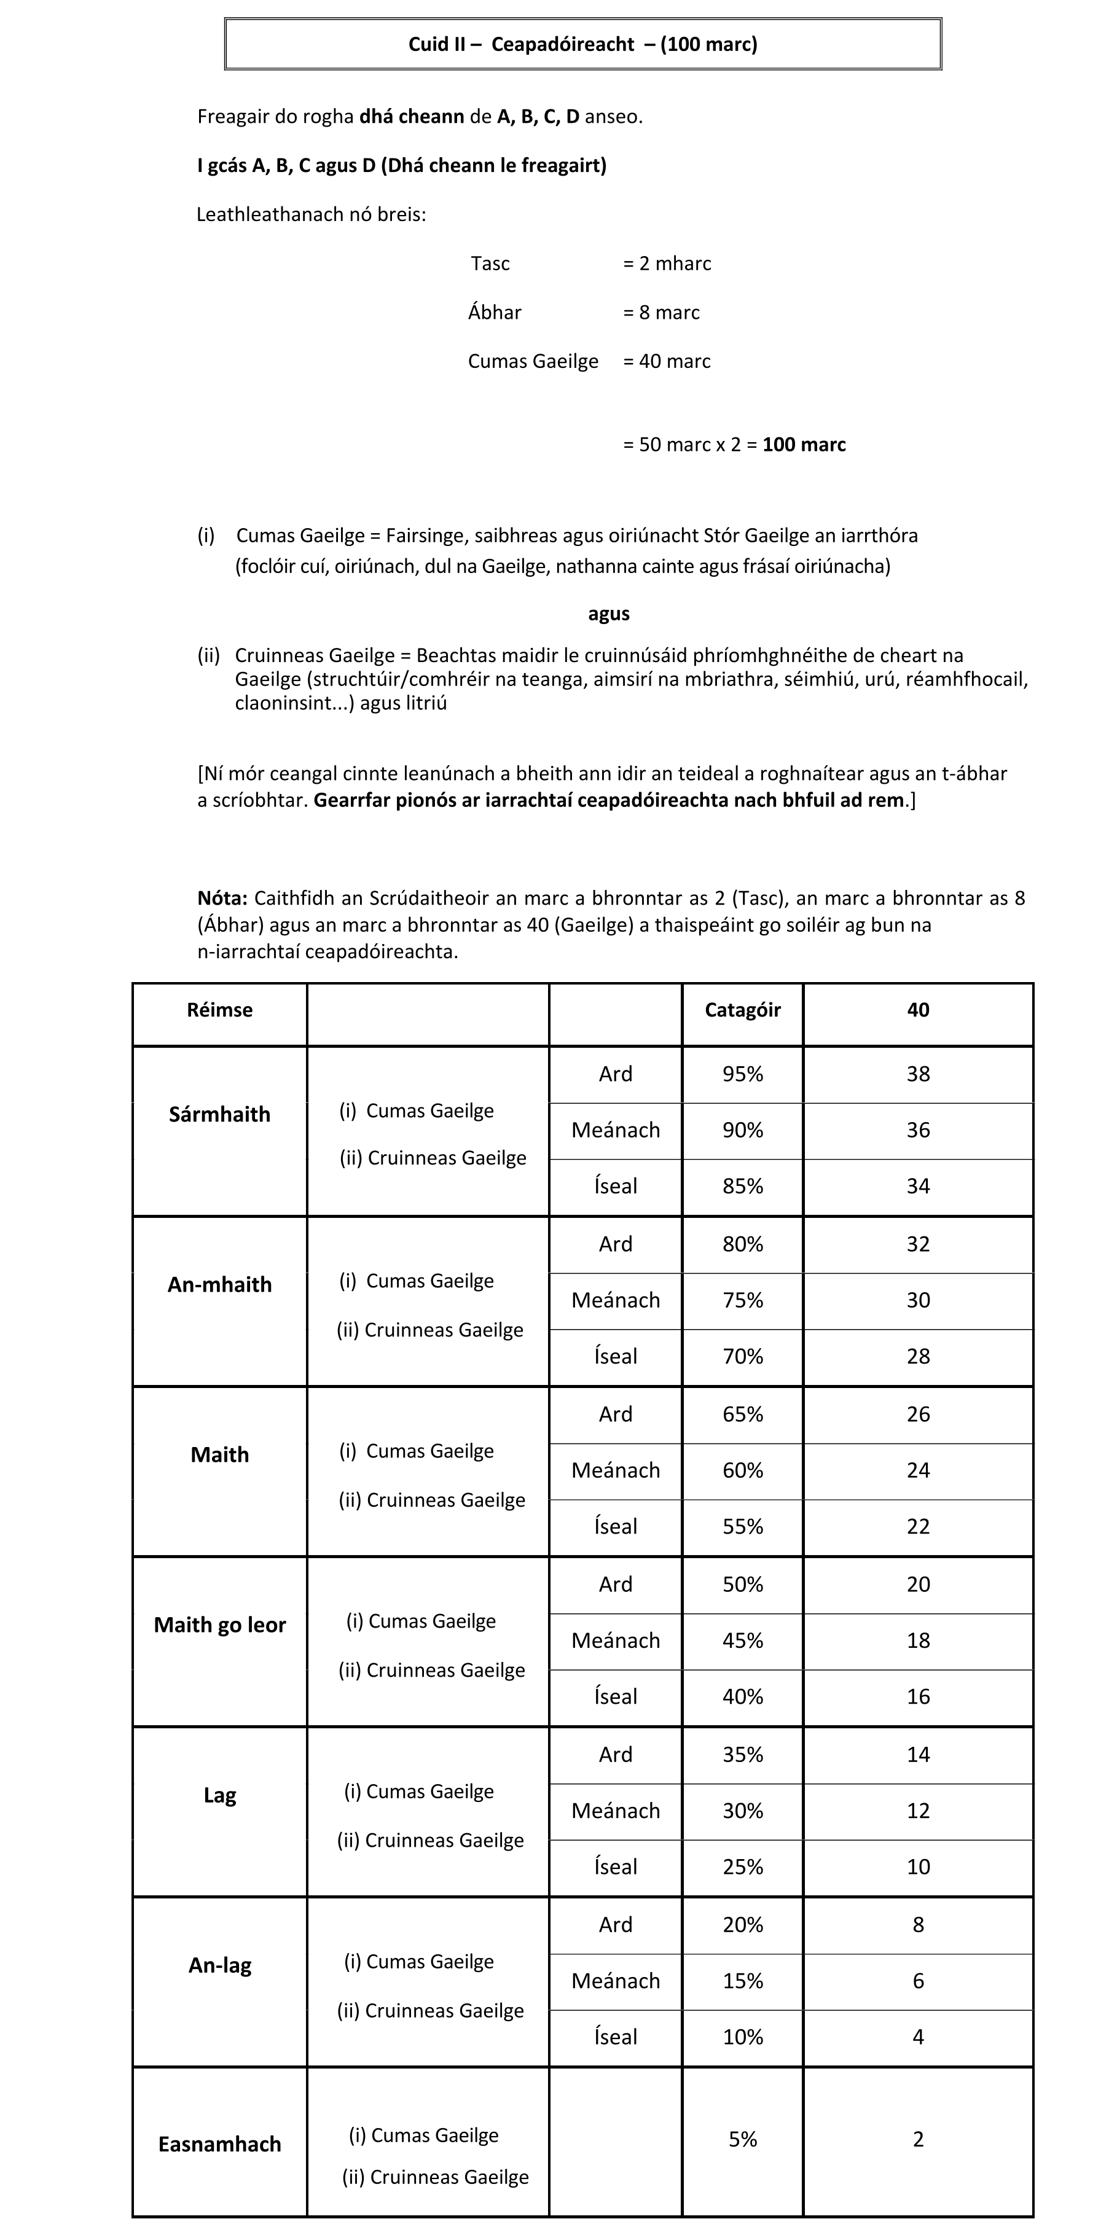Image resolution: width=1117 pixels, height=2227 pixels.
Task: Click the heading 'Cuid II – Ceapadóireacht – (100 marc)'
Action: point(582,44)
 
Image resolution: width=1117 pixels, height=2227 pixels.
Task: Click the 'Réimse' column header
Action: point(219,1010)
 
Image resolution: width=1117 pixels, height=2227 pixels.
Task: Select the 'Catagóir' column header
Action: point(743,1010)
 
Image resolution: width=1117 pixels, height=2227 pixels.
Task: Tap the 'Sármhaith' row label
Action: point(219,1114)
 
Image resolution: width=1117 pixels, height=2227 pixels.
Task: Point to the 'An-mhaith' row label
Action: point(219,1285)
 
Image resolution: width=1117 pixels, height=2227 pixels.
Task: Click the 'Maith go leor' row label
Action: point(219,1625)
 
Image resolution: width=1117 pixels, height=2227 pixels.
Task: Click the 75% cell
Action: point(743,1300)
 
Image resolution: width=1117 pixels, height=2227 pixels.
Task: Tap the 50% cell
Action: point(743,1585)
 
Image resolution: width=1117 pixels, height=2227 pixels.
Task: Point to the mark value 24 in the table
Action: point(918,1470)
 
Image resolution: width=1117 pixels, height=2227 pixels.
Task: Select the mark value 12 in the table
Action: point(918,1811)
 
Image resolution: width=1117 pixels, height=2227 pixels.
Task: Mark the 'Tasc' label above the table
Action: point(490,263)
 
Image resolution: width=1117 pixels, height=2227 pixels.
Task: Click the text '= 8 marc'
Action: point(661,313)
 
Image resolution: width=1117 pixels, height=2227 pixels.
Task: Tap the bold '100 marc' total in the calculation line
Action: point(804,445)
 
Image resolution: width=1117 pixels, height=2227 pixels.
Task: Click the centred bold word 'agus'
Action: point(609,614)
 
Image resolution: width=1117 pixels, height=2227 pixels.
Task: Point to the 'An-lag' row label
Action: point(219,1966)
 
